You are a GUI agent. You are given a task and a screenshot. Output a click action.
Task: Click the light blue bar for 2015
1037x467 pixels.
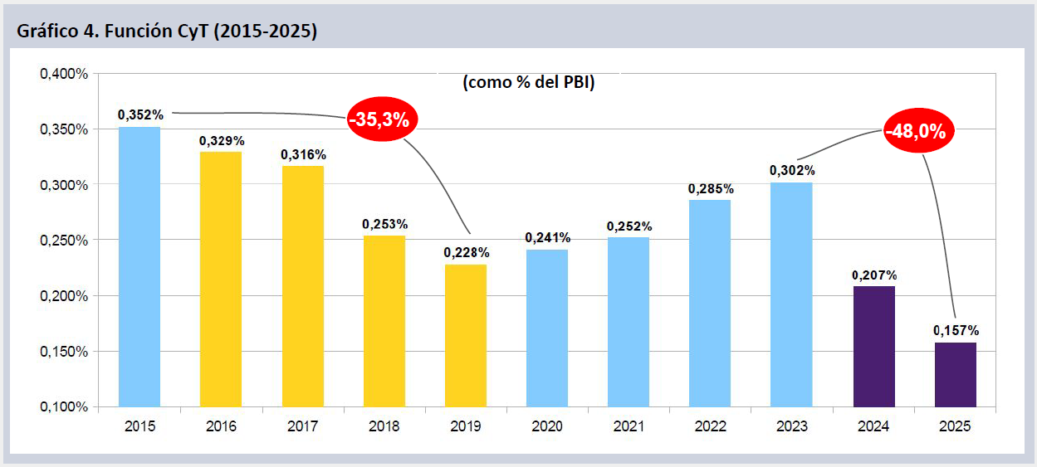pyautogui.click(x=139, y=266)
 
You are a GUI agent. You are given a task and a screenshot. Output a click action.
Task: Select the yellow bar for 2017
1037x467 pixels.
pyautogui.click(x=302, y=286)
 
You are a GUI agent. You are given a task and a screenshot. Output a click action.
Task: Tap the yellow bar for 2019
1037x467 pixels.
pyautogui.click(x=466, y=335)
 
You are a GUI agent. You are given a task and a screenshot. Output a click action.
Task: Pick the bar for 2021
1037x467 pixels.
pyautogui.click(x=629, y=322)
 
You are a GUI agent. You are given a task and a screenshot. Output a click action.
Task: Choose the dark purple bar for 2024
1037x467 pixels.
pyautogui.click(x=874, y=347)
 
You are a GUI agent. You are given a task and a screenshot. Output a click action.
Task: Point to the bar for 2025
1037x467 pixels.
pyautogui.click(x=956, y=374)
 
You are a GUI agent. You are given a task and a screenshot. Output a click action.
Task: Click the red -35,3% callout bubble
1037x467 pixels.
pyautogui.click(x=379, y=119)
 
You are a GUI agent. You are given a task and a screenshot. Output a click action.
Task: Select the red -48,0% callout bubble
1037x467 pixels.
pyautogui.click(x=918, y=132)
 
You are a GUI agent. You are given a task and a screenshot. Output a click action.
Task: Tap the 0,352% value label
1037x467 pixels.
pyautogui.click(x=140, y=115)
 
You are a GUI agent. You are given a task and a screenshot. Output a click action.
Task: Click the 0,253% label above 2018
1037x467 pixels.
pyautogui.click(x=384, y=224)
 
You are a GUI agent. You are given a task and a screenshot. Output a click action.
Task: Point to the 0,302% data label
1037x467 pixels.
pyautogui.click(x=792, y=170)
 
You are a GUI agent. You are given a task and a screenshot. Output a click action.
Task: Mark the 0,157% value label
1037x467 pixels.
pyautogui.click(x=956, y=330)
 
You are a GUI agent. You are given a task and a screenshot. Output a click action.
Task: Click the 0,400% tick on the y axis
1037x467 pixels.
pyautogui.click(x=64, y=74)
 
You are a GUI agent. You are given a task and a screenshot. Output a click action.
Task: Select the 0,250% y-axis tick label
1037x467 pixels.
pyautogui.click(x=64, y=241)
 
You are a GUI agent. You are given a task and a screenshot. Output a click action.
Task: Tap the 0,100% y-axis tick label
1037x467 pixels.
pyautogui.click(x=64, y=407)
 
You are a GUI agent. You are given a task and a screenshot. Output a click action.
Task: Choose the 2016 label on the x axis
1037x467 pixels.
pyautogui.click(x=221, y=426)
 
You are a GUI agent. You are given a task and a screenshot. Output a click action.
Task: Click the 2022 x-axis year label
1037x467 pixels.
pyautogui.click(x=710, y=426)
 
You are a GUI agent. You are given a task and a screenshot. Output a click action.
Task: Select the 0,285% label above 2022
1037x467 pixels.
pyautogui.click(x=711, y=188)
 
